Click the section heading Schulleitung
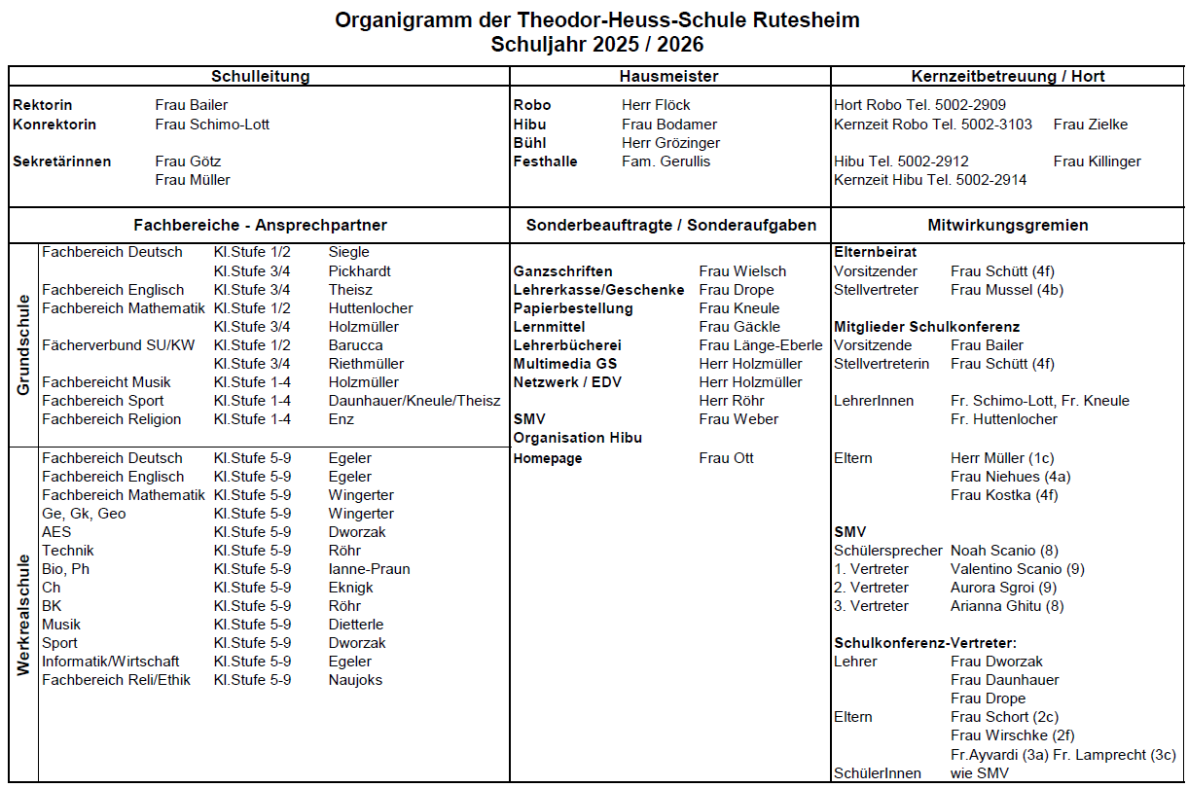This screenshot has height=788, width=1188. pyautogui.click(x=260, y=76)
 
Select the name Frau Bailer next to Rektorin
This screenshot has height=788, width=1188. pyautogui.click(x=192, y=105)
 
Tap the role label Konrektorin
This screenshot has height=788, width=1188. pyautogui.click(x=54, y=125)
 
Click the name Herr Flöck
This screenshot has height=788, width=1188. pyautogui.click(x=656, y=105)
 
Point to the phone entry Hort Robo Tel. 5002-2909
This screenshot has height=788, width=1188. pyautogui.click(x=919, y=105)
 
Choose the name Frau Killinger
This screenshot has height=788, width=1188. pyautogui.click(x=1097, y=161)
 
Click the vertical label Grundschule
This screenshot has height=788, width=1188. pyautogui.click(x=24, y=346)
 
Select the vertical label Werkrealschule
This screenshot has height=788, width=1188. pyautogui.click(x=24, y=614)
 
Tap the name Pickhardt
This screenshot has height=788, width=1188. pyautogui.click(x=360, y=271)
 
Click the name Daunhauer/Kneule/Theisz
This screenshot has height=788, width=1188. pyautogui.click(x=414, y=401)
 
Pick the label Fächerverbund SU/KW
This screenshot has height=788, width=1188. pyautogui.click(x=118, y=345)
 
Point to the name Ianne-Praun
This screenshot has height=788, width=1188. pyautogui.click(x=369, y=569)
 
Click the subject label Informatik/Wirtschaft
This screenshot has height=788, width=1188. pyautogui.click(x=110, y=662)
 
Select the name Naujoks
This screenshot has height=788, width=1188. pyautogui.click(x=355, y=680)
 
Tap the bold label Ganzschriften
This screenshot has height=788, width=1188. pyautogui.click(x=562, y=271)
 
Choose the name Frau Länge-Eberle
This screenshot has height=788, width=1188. pyautogui.click(x=760, y=345)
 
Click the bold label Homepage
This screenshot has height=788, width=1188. pyautogui.click(x=548, y=458)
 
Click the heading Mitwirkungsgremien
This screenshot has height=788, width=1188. pyautogui.click(x=1008, y=225)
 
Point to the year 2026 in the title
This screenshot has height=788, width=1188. pyautogui.click(x=681, y=45)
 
